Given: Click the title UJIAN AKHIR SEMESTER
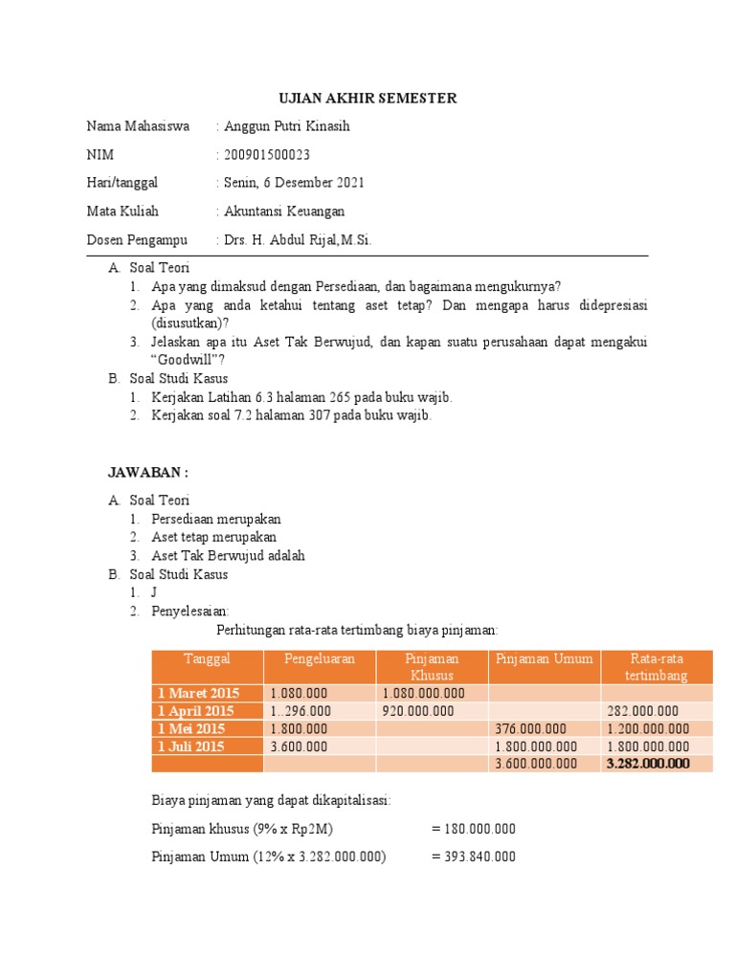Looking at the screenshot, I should (367, 99).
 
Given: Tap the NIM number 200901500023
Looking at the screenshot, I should (267, 155).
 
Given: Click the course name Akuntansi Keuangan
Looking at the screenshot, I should (284, 212).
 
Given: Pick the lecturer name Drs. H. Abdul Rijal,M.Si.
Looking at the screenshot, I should (298, 240).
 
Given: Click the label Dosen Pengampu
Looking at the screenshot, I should (137, 240).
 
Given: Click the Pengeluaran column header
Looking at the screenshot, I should (320, 658).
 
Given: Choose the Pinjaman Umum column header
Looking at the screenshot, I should (544, 658).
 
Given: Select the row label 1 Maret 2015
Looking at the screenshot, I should (199, 694).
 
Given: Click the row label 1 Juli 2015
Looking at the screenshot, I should (191, 746).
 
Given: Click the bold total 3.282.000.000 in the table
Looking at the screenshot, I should (648, 764).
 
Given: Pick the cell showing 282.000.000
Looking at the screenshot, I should (643, 711).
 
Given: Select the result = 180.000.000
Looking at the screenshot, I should (474, 829).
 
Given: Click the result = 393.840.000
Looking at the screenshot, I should (474, 857).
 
